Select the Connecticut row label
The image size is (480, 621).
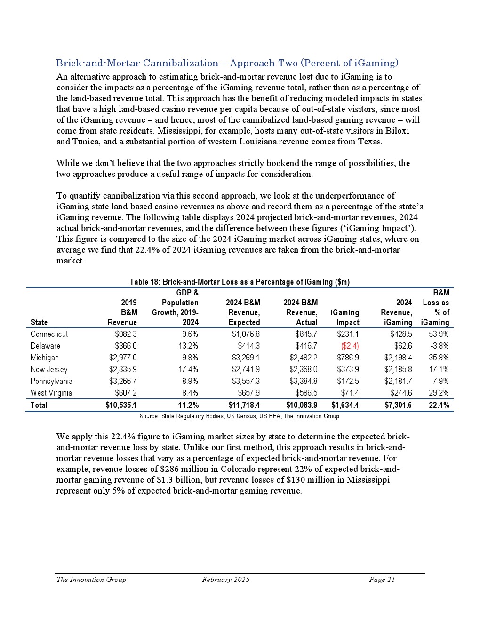click(x=49, y=334)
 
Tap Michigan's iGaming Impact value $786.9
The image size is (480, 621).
click(x=348, y=358)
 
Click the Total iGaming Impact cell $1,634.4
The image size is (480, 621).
click(x=345, y=405)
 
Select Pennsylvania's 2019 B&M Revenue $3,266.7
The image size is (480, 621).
click(x=123, y=381)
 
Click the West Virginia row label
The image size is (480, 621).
click(x=51, y=393)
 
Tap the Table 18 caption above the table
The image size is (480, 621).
click(x=240, y=282)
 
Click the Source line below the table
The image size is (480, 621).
click(x=240, y=416)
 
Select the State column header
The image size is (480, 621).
click(x=39, y=322)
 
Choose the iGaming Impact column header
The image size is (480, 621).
click(x=345, y=318)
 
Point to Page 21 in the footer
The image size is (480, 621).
click(x=382, y=580)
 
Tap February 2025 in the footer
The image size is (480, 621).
click(x=226, y=580)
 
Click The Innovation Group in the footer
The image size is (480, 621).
click(x=91, y=580)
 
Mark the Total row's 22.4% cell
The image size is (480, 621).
click(x=439, y=405)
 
